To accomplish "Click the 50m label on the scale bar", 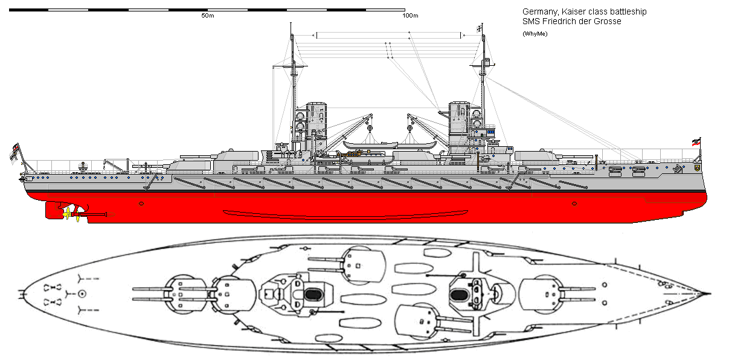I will point(208,15).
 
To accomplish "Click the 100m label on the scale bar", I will point(411,15).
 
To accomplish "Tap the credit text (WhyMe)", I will point(535,33).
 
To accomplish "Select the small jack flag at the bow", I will point(695,143).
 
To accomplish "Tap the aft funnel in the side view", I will point(315,124).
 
